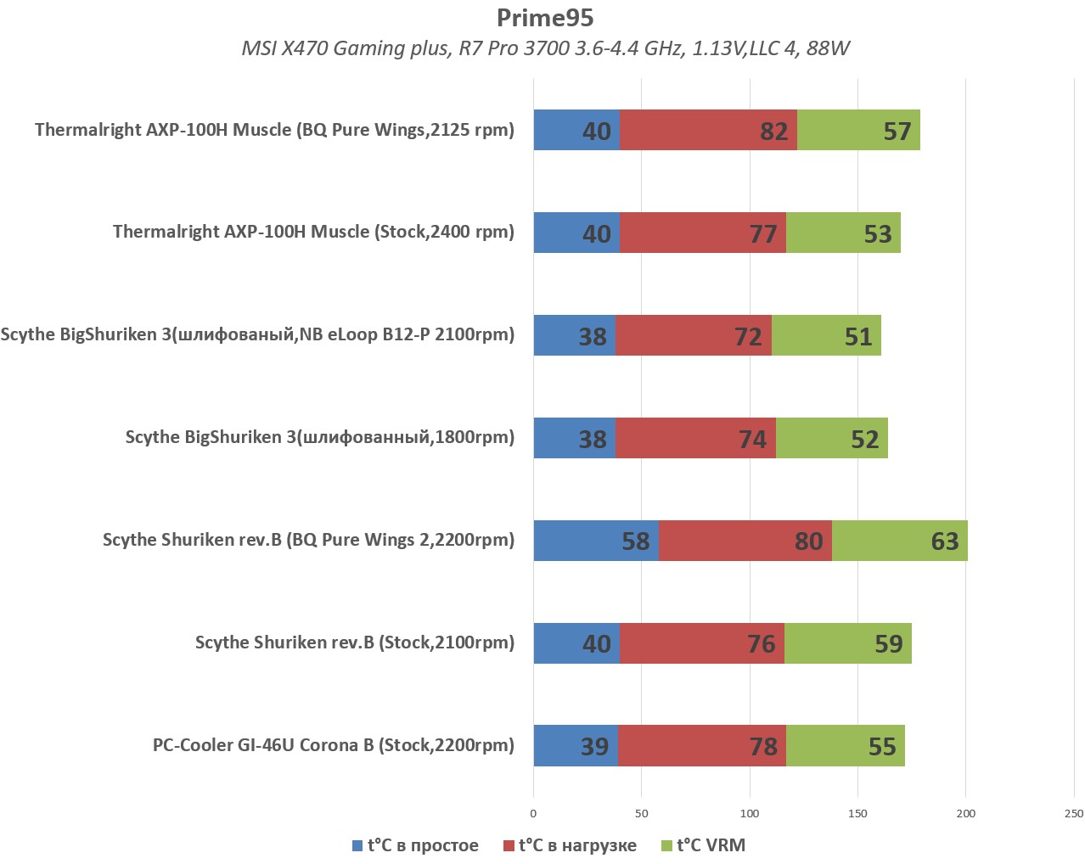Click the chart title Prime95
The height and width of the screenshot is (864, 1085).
545,17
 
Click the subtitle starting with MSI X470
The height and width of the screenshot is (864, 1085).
545,48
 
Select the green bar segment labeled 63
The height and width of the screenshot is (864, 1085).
899,541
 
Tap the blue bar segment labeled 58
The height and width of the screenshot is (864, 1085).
596,541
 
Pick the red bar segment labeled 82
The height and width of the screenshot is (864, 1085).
708,130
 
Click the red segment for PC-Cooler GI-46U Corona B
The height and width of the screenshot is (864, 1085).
701,746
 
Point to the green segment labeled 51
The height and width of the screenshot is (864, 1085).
826,335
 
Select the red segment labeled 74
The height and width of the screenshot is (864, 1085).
695,438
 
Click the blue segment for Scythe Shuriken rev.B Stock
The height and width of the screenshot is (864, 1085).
576,643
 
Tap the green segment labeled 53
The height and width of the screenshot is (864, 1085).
843,233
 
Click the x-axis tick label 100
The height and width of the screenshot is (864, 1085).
750,813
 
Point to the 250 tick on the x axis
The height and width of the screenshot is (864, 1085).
1073,813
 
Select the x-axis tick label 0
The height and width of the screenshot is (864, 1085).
533,813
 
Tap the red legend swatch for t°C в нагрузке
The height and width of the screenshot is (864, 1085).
509,846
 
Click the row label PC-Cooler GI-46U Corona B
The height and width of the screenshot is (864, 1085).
333,745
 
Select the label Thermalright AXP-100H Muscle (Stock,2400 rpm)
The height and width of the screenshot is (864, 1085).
313,232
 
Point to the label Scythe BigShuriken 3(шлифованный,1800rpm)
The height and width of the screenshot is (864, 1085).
319,437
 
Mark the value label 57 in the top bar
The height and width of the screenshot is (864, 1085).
897,131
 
